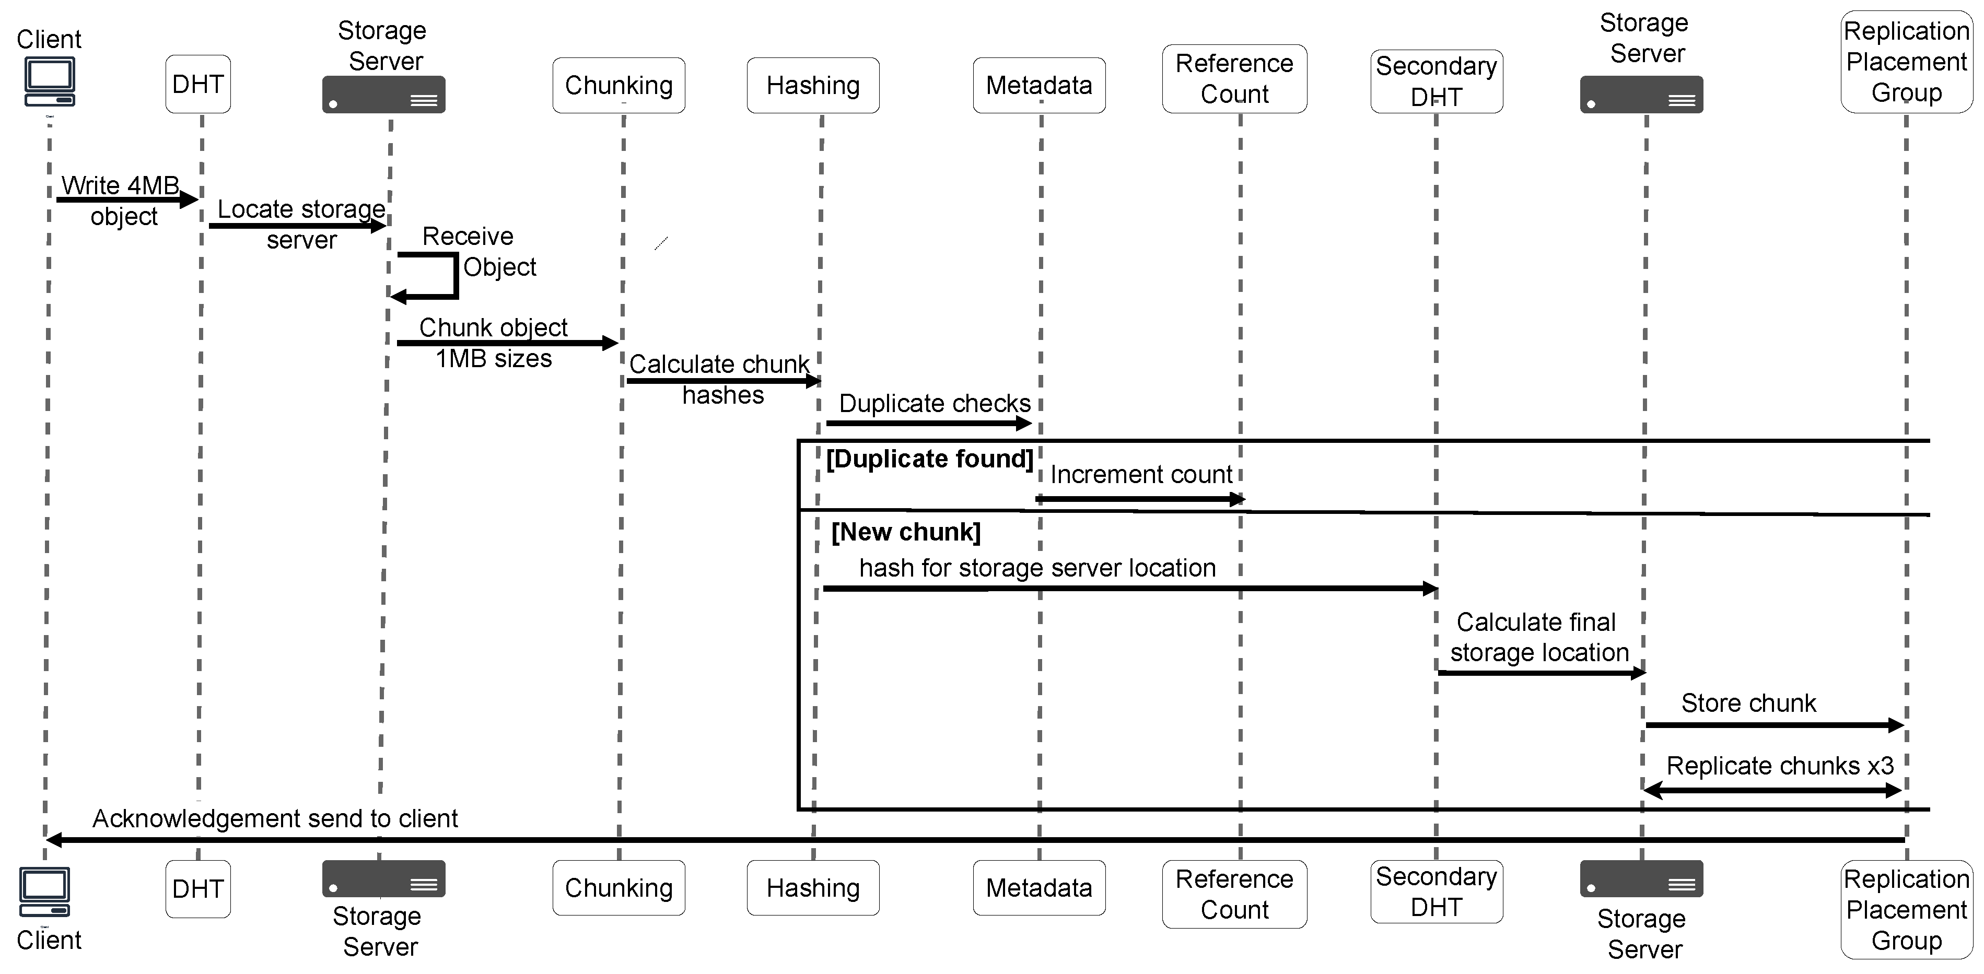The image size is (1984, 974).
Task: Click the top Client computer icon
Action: (49, 81)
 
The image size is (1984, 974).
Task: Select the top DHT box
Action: (198, 84)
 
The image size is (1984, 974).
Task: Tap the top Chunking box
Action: (618, 85)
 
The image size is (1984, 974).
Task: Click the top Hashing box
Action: (812, 85)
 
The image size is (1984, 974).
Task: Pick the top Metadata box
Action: (1039, 85)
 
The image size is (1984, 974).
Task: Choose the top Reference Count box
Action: (1234, 78)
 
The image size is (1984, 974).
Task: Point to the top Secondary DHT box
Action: (1437, 81)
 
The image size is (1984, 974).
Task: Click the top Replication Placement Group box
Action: (1906, 62)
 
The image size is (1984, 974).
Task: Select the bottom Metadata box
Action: (1039, 888)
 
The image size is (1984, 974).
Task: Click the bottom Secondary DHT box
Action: (1437, 891)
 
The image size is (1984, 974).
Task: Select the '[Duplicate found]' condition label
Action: (929, 459)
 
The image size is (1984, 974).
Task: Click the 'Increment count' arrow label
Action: (1141, 474)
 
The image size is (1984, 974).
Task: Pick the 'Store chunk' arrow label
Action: (1748, 703)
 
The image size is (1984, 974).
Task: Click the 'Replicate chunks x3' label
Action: (1780, 766)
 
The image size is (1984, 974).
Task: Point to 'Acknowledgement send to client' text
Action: (275, 818)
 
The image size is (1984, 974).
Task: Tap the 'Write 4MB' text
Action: (120, 185)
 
